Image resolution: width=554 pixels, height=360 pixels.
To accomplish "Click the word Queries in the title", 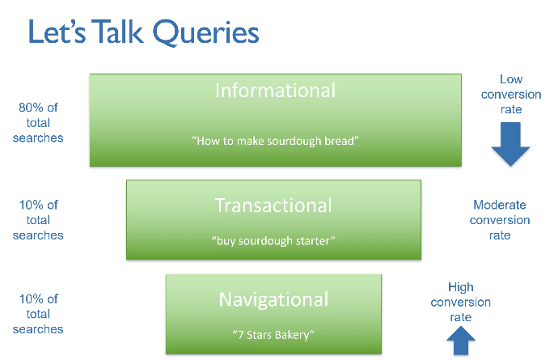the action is [205, 32].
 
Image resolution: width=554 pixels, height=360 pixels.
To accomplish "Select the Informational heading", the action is [275, 91].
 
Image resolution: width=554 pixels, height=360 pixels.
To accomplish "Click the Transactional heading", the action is [273, 205].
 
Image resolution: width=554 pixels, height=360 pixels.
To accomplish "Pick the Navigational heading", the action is [273, 300].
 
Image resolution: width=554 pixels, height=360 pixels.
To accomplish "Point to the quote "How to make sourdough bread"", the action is [275, 141].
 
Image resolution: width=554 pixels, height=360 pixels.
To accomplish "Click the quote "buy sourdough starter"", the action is [273, 241].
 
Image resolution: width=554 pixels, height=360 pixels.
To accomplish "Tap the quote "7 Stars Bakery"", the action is [273, 335].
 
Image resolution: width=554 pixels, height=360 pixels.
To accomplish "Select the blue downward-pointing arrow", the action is [510, 144].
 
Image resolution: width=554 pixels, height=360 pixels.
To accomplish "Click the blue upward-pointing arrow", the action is [461, 341].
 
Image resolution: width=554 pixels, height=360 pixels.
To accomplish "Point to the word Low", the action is [511, 79].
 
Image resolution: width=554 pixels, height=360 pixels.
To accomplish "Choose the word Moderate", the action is [500, 205].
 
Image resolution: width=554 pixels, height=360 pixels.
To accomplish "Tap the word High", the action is [461, 287].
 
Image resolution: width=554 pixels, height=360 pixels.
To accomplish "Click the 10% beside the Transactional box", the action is [31, 205].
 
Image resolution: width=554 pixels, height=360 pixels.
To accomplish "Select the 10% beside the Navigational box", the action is [31, 299].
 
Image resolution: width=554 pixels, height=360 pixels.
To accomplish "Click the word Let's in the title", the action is [57, 32].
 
